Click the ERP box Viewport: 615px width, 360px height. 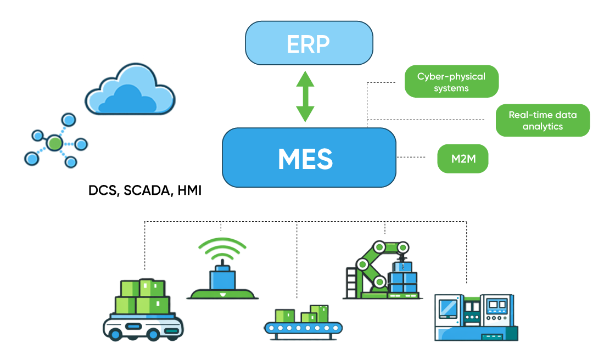pyautogui.click(x=309, y=43)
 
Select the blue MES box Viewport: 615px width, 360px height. pyautogui.click(x=309, y=158)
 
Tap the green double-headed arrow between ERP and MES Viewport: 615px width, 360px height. pyautogui.click(x=305, y=97)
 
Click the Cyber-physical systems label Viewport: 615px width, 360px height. pyautogui.click(x=451, y=82)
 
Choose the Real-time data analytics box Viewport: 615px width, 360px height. pyautogui.click(x=543, y=120)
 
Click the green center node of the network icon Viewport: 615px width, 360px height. pyautogui.click(x=54, y=143)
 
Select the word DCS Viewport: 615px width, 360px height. pyautogui.click(x=103, y=190)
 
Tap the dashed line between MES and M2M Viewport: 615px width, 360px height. pyautogui.click(x=411, y=157)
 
